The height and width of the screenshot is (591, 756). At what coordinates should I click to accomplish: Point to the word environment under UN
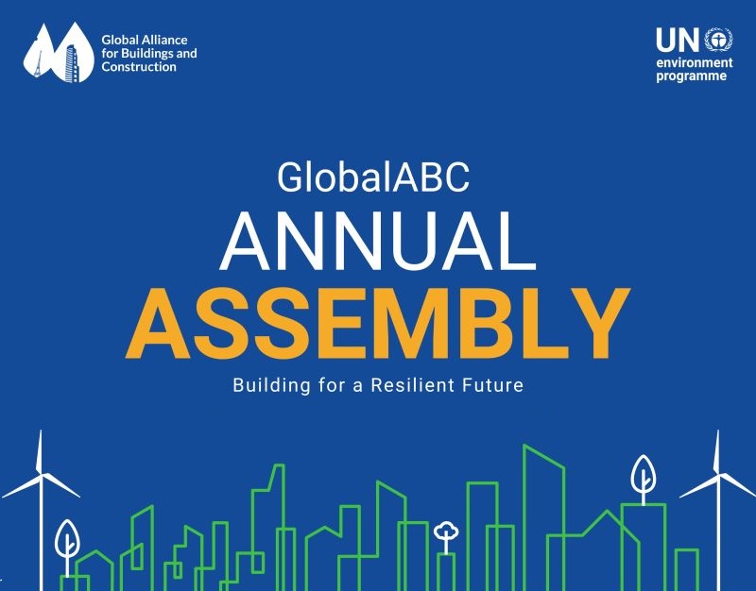(695, 63)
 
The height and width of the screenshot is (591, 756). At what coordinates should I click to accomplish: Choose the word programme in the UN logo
(692, 76)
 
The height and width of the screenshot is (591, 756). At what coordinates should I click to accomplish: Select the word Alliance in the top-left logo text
(163, 41)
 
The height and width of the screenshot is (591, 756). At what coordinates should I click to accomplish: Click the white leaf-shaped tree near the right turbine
(644, 477)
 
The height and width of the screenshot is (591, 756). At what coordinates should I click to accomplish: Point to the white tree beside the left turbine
(67, 543)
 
